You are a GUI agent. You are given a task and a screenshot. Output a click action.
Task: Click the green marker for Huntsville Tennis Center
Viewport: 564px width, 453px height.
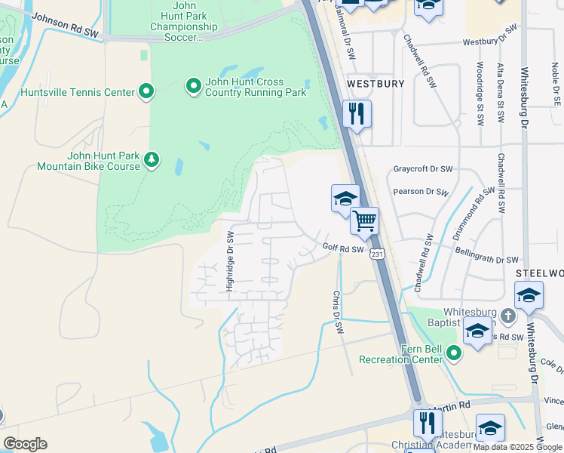146,92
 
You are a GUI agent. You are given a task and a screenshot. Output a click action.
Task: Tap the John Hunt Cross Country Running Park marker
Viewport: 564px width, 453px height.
193,87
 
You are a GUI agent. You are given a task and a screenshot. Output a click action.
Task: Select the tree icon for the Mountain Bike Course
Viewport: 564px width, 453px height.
152,160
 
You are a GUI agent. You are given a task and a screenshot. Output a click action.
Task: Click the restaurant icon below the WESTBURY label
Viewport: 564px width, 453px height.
357,114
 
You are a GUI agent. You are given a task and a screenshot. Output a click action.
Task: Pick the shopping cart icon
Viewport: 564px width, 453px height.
364,220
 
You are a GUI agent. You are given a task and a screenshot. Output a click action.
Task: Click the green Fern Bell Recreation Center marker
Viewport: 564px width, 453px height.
453,353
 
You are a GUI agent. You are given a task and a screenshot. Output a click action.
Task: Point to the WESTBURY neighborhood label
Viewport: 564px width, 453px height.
375,83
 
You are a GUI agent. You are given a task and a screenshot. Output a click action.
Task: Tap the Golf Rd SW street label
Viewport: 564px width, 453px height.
343,248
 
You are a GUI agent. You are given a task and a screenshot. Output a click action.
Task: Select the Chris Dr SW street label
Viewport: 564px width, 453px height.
339,313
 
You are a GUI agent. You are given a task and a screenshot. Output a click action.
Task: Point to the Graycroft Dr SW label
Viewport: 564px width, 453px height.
422,169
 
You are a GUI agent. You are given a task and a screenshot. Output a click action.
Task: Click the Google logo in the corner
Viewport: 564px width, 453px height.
25,444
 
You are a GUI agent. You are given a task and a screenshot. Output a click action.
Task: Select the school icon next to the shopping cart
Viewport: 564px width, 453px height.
345,199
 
